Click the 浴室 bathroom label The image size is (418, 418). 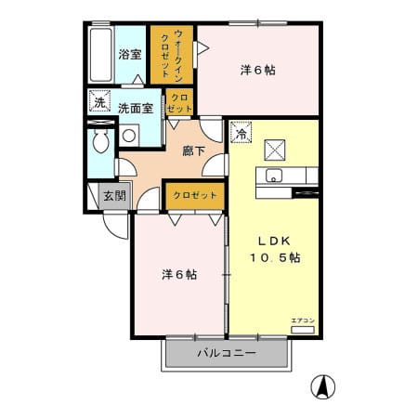130,55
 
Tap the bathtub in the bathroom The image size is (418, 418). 100,55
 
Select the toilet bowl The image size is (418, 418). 101,141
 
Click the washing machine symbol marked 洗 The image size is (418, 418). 99,100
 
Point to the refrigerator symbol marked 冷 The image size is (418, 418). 241,133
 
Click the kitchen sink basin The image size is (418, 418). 274,176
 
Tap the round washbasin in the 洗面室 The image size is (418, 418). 129,136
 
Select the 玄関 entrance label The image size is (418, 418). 114,196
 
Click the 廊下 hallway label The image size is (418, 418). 193,151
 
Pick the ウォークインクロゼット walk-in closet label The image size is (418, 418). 172,55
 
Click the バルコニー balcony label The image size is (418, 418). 227,353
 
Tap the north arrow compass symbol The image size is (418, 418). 323,387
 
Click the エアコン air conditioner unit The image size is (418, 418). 303,330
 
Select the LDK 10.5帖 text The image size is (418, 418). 275,249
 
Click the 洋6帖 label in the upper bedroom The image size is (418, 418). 258,71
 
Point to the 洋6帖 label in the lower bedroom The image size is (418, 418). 179,275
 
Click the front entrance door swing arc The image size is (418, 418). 115,229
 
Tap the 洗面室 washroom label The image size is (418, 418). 136,109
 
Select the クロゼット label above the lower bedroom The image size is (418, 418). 195,195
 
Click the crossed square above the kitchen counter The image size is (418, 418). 275,150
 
